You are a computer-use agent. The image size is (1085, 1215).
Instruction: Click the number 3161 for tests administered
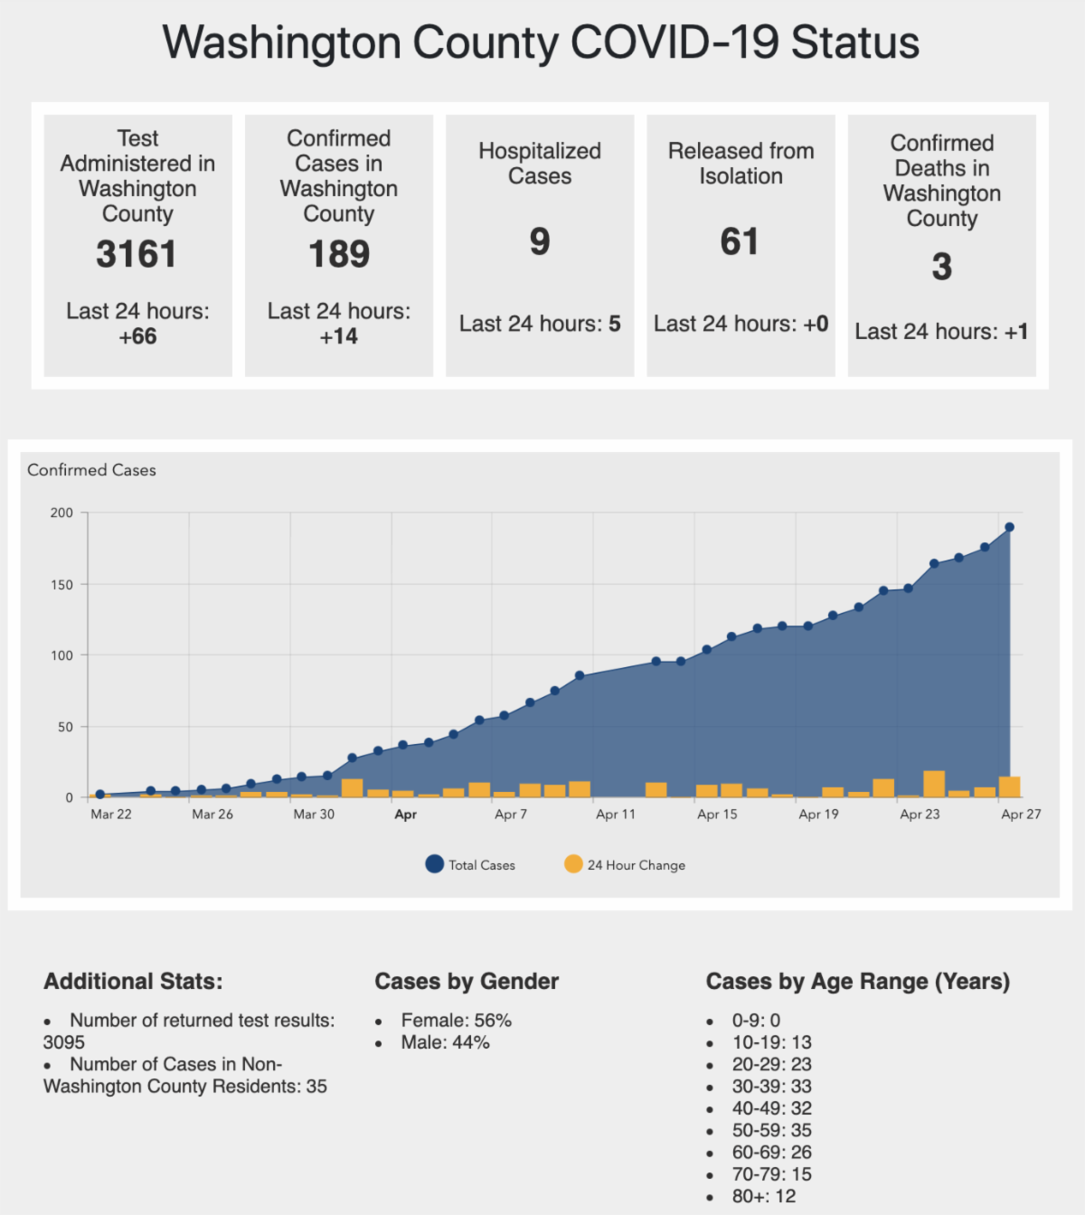(137, 254)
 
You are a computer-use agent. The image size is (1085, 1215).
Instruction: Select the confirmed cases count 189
(339, 254)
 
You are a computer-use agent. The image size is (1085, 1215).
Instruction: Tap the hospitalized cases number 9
(540, 241)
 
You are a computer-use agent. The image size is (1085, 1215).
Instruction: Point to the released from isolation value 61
(740, 241)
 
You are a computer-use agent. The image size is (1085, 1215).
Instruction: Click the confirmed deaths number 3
(941, 267)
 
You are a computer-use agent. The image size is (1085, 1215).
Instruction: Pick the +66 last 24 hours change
(137, 336)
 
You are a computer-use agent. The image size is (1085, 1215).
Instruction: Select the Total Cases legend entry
(470, 865)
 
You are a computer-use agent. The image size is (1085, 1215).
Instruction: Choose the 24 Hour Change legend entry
(625, 865)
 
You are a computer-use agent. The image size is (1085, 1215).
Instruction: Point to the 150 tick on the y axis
(61, 585)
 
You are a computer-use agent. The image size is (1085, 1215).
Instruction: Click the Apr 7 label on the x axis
(511, 815)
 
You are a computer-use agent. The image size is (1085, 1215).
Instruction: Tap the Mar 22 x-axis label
(111, 815)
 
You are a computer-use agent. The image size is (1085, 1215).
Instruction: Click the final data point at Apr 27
(1010, 527)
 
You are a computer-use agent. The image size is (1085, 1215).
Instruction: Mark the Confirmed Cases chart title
(91, 470)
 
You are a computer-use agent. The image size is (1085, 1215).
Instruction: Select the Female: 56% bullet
(456, 1021)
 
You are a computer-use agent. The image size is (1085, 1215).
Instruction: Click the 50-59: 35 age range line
(771, 1130)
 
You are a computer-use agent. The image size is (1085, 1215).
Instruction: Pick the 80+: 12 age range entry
(764, 1196)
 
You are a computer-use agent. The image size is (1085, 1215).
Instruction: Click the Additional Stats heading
(133, 982)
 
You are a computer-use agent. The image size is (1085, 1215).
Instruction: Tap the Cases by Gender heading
(467, 982)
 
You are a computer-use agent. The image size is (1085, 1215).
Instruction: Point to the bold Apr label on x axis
(406, 815)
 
